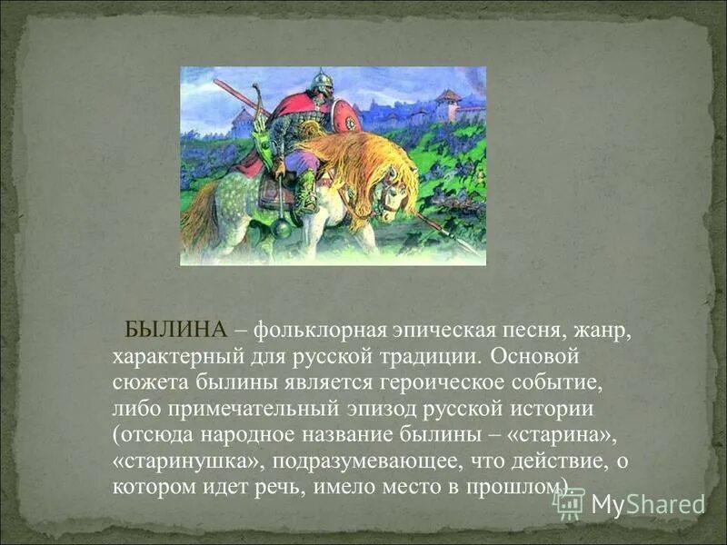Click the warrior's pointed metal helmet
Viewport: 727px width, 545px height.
coord(320,81)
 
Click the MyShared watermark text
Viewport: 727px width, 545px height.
coord(648,504)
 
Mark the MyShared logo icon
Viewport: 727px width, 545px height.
coord(568,503)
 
